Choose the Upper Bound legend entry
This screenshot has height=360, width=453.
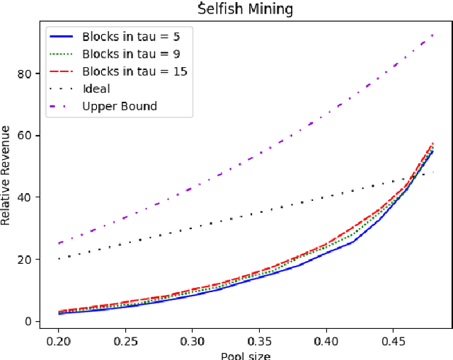click(x=119, y=106)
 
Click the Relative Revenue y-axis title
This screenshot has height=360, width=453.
click(x=6, y=175)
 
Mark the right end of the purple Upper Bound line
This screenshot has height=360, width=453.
click(x=432, y=35)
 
